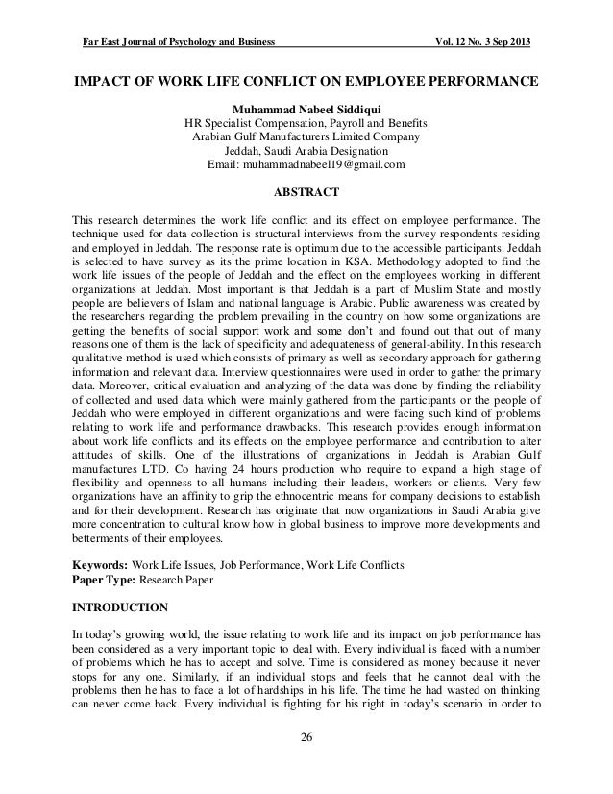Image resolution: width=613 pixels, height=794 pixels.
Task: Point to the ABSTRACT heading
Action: click(306, 191)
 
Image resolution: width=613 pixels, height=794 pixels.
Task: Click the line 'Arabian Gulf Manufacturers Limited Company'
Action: click(306, 137)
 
